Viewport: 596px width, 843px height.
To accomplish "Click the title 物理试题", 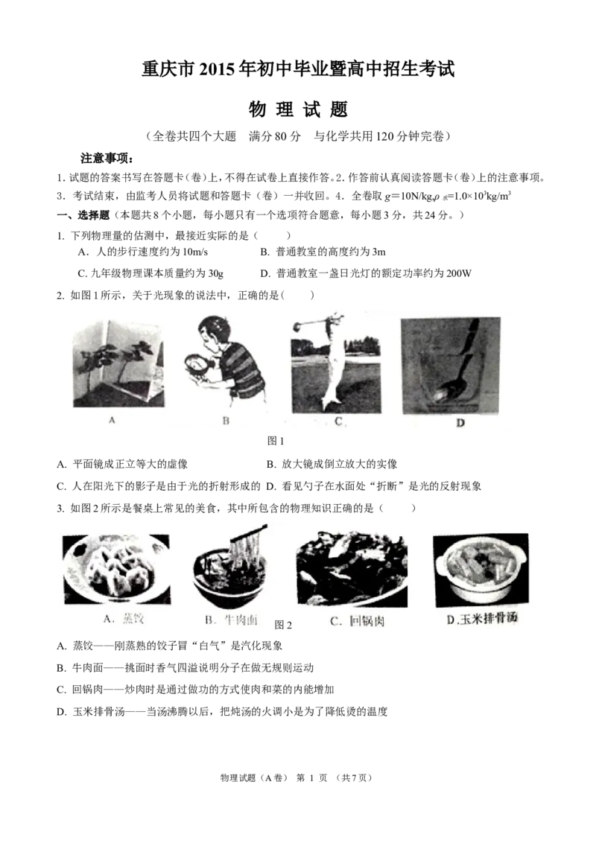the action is point(298,109).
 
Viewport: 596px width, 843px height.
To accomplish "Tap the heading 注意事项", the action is point(107,159).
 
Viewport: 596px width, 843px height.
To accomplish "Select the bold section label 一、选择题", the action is point(83,215).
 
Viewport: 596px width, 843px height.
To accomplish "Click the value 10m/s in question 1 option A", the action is point(195,252).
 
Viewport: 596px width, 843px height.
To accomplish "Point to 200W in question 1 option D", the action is point(458,273).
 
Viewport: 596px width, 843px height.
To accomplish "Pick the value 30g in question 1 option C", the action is point(215,273).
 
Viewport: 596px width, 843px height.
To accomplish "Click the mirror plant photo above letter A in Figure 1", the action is point(118,364).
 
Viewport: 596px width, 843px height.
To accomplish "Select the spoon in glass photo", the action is point(451,366).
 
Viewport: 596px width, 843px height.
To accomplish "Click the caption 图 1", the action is point(276,441).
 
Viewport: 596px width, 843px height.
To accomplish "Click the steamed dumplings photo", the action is point(116,570).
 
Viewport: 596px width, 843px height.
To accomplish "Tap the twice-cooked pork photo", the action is point(352,570).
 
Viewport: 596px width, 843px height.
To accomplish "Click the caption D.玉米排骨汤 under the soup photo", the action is point(482,618).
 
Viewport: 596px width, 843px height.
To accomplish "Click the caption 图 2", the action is point(283,625).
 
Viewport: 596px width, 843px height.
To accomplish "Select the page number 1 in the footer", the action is point(311,777).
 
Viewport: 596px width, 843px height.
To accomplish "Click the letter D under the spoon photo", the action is point(460,423).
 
